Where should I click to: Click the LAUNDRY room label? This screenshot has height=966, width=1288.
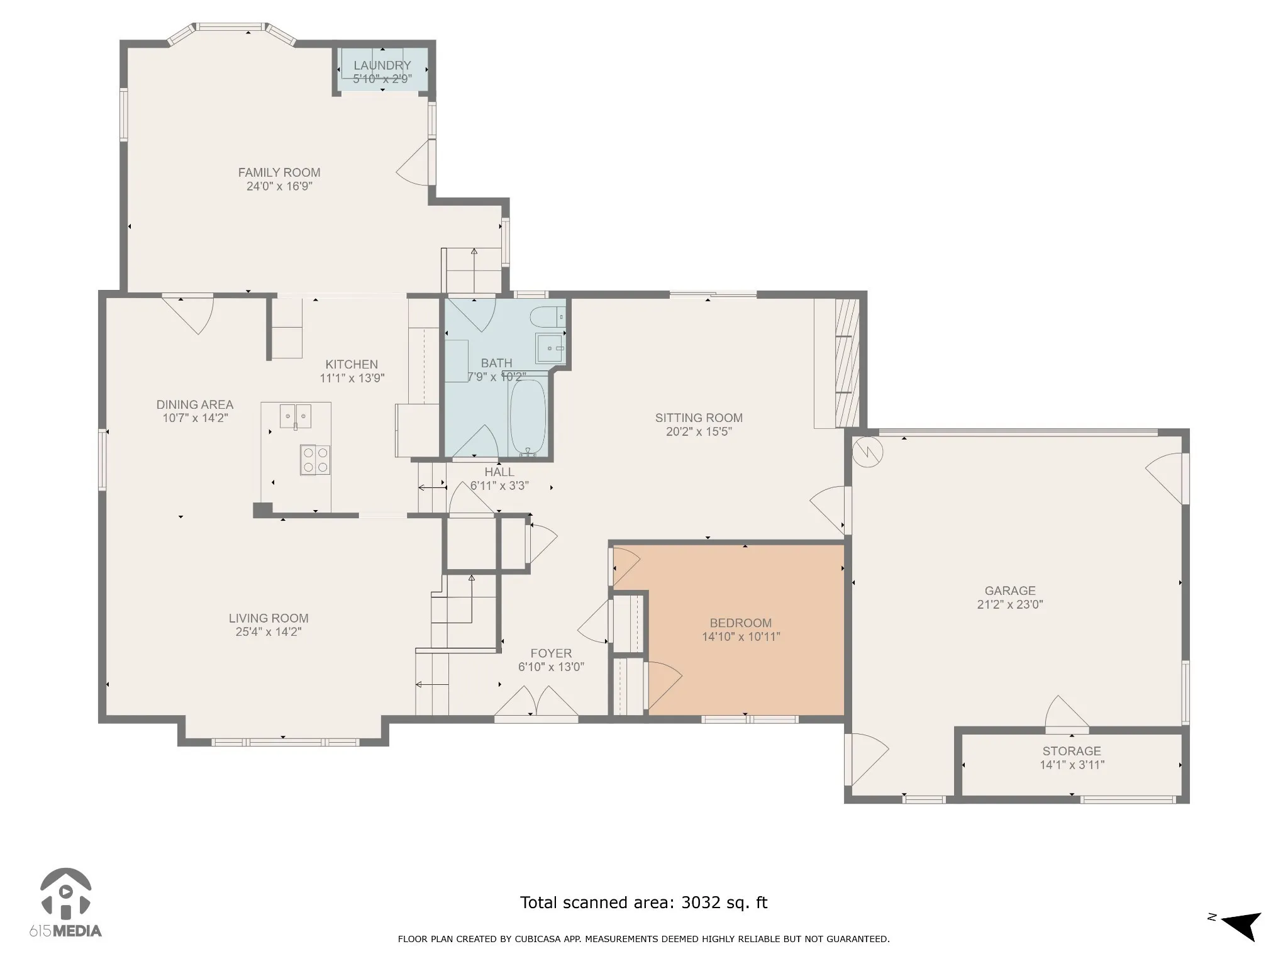(382, 65)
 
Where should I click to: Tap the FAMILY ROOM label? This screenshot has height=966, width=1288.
(279, 172)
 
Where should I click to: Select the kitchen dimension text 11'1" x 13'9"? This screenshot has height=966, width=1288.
(352, 378)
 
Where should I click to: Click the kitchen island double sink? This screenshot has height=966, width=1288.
(296, 416)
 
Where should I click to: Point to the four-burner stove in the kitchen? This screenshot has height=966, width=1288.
(315, 460)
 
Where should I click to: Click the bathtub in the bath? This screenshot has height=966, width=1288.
(527, 416)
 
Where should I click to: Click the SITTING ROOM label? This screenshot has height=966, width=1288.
(699, 418)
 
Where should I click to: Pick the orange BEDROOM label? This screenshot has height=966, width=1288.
(741, 623)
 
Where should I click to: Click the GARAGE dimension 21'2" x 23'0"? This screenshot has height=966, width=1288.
(1010, 604)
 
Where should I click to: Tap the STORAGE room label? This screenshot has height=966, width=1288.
(1072, 751)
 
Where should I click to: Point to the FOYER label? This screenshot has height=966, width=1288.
(551, 653)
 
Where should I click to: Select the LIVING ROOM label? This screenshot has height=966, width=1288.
(269, 618)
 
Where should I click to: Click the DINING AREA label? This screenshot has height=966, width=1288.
(195, 404)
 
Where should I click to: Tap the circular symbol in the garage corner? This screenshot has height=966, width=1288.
(868, 452)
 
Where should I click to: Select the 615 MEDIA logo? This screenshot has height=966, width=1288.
(65, 904)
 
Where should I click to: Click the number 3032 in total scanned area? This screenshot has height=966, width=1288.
(701, 902)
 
